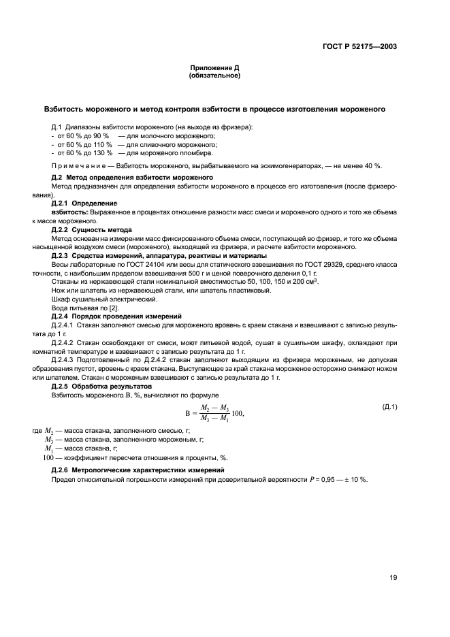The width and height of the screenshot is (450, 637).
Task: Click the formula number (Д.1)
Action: click(390, 407)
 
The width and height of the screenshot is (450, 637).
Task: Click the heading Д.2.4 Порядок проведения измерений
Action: click(116, 316)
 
